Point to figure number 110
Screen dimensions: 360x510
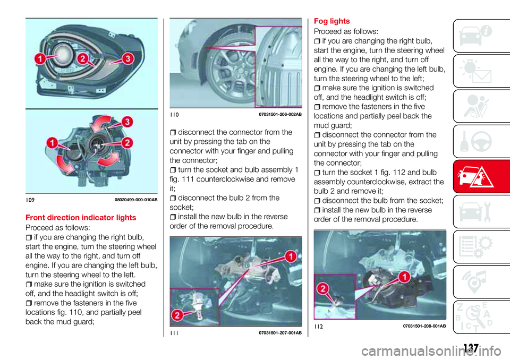click(175, 114)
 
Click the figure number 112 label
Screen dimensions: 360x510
click(319, 325)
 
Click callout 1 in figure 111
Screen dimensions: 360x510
click(290, 258)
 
